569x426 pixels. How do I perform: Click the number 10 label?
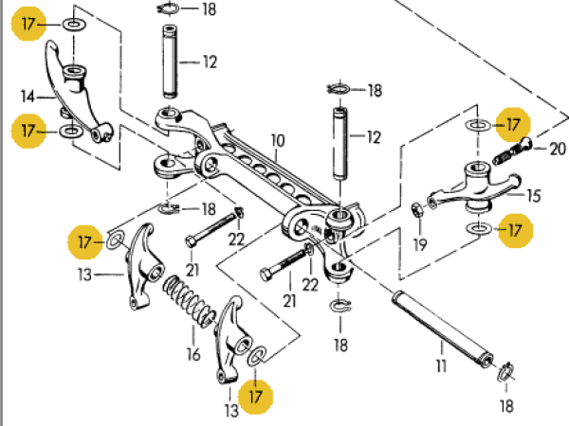pyautogui.click(x=277, y=142)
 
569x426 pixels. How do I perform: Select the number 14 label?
pyautogui.click(x=28, y=95)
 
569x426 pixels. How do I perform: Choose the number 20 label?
pyautogui.click(x=556, y=148)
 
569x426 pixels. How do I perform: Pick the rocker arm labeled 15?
pyautogui.click(x=474, y=186)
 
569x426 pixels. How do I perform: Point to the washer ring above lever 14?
pyautogui.click(x=73, y=24)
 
